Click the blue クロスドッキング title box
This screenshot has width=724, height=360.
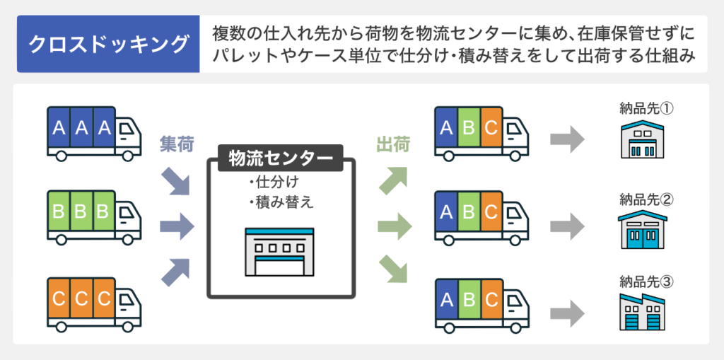pos(108,44)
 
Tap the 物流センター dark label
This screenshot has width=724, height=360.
pos(281,158)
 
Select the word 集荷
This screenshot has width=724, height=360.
pos(176,145)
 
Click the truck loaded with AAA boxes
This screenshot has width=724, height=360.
pos(94,134)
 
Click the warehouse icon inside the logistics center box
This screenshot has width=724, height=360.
pos(280,252)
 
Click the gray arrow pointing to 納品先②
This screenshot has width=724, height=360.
pos(568,226)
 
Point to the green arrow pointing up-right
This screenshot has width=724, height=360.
pos(393,180)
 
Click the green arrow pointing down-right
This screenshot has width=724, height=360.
pos(393,270)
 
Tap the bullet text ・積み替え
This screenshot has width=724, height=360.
pos(281,202)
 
